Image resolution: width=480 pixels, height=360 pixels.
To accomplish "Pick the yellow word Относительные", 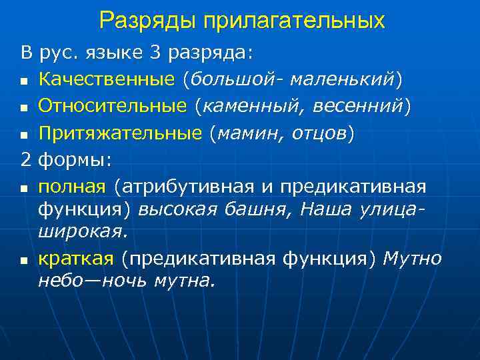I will point(113,106).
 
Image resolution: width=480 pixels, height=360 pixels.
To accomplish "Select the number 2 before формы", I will point(26,160).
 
